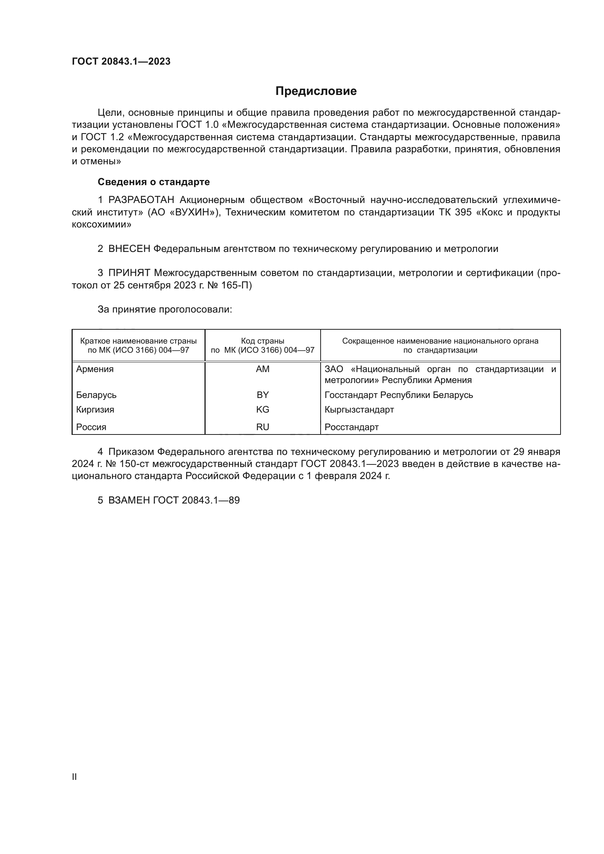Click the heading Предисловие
pos(316,91)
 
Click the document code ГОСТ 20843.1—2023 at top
pos(121,61)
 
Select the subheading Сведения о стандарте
pos(154,182)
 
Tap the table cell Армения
pos(95,369)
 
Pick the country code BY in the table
pos(263,395)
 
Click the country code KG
pos(263,410)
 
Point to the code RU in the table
pos(263,427)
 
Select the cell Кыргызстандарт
pos(359,410)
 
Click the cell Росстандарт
pos(351,427)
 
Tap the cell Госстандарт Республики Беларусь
pos(399,395)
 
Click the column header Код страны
pos(263,341)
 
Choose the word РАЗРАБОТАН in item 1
pos(141,200)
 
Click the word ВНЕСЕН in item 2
pos(129,249)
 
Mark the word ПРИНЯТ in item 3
pos(129,273)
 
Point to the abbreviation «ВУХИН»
pos(195,212)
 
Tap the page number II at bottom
pos(74,777)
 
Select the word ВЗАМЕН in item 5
pos(129,500)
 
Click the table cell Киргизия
pos(95,410)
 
